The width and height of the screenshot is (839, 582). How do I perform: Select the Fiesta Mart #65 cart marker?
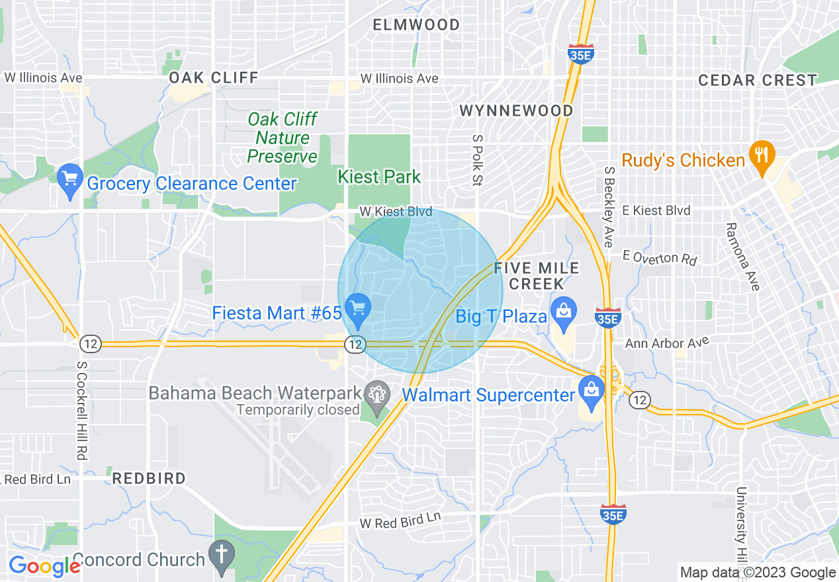click(x=358, y=310)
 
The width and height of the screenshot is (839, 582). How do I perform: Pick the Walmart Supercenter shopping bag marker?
click(x=592, y=392)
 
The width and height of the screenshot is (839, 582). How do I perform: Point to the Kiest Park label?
click(x=379, y=177)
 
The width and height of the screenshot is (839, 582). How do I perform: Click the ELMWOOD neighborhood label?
click(x=416, y=25)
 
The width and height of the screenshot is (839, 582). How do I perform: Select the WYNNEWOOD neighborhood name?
click(x=516, y=110)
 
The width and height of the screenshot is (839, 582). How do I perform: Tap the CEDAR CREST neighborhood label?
click(x=758, y=81)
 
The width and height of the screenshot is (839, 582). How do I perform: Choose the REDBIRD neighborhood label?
click(x=149, y=478)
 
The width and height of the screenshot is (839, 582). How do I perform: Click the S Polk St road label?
click(x=476, y=160)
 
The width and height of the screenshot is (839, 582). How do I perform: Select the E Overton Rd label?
click(x=660, y=257)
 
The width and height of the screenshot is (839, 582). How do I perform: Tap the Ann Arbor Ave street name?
click(x=667, y=343)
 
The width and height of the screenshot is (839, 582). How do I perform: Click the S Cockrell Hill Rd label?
click(x=82, y=410)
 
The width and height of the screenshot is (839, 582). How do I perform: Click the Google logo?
click(x=44, y=566)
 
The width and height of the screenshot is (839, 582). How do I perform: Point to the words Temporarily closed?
click(x=298, y=410)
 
